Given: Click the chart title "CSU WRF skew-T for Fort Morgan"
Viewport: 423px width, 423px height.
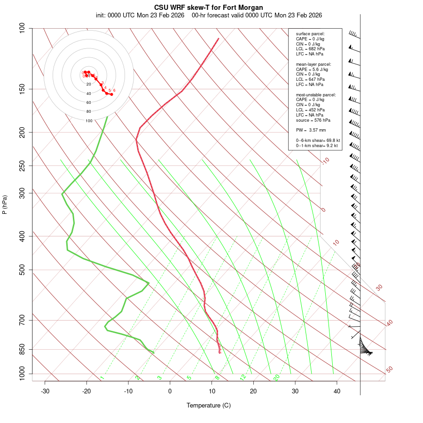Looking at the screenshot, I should pyautogui.click(x=209, y=8).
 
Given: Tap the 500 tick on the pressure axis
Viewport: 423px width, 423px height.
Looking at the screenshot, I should pyautogui.click(x=23, y=270).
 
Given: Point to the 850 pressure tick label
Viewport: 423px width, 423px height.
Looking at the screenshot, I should pyautogui.click(x=23, y=349).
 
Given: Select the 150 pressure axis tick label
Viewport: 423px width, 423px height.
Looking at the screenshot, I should pyautogui.click(x=23, y=89).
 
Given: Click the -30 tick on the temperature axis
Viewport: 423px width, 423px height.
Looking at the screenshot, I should pyautogui.click(x=45, y=391).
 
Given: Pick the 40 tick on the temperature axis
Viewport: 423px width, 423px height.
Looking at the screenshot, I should pyautogui.click(x=337, y=391).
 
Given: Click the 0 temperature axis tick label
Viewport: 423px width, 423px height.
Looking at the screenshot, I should pyautogui.click(x=170, y=391).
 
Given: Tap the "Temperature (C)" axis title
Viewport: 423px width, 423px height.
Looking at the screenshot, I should pyautogui.click(x=209, y=405).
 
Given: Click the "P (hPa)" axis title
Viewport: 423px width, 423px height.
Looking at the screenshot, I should pyautogui.click(x=5, y=204).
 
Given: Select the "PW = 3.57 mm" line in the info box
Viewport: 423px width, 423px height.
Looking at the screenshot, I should pyautogui.click(x=311, y=130).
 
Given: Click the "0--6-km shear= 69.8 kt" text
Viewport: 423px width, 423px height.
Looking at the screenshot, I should pyautogui.click(x=318, y=141).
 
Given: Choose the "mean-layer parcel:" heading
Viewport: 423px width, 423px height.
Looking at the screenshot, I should pyautogui.click(x=313, y=64).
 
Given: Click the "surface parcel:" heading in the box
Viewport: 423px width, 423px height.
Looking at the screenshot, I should pyautogui.click(x=310, y=34).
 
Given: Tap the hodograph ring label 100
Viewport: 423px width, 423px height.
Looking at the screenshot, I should pyautogui.click(x=89, y=121).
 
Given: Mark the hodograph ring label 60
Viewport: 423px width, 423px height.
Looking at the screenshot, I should pyautogui.click(x=89, y=102).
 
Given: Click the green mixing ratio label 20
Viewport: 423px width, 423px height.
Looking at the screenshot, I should pyautogui.click(x=276, y=377).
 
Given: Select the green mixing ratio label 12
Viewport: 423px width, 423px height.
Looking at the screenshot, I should pyautogui.click(x=243, y=377).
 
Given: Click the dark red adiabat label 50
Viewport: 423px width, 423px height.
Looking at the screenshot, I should pyautogui.click(x=389, y=370).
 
